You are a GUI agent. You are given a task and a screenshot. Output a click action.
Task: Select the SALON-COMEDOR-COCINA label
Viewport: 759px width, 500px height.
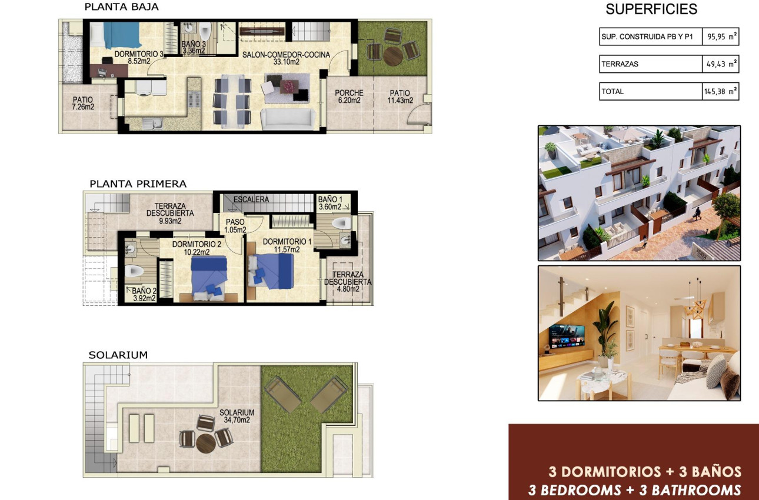286,58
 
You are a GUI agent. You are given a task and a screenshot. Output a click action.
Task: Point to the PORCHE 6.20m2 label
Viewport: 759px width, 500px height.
349,96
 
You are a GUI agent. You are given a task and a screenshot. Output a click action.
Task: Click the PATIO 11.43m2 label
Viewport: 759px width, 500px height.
400,96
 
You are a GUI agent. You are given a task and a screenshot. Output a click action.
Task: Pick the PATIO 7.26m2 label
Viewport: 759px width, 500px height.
83,103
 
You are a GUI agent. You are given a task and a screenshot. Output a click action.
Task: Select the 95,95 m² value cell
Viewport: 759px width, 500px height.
721,36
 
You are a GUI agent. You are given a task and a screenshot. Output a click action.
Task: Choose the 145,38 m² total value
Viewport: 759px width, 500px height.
721,91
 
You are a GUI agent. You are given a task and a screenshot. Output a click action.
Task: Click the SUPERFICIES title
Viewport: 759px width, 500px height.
651,9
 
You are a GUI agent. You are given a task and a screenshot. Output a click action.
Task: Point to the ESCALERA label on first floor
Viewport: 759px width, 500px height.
251,199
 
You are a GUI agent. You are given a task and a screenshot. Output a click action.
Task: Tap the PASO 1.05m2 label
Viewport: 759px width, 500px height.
235,226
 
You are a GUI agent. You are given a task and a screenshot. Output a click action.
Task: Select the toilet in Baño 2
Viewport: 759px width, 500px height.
134,271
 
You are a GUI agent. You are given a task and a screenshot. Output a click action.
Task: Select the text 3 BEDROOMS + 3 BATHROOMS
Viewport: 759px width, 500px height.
634,490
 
